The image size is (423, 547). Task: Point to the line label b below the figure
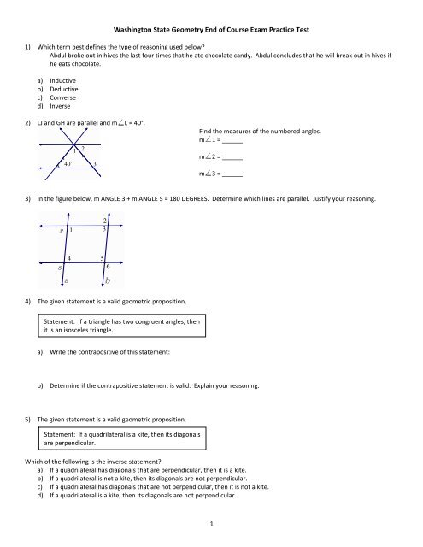(x=108, y=280)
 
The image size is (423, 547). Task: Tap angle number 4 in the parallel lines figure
(x=69, y=257)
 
